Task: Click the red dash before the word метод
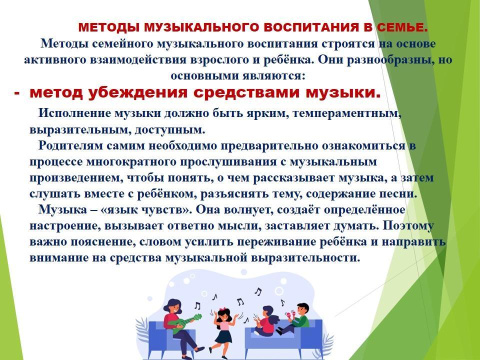[17, 93]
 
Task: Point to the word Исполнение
[74, 113]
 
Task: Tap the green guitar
[187, 323]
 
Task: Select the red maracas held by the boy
[290, 314]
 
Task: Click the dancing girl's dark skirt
[223, 336]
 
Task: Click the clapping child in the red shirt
[266, 321]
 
